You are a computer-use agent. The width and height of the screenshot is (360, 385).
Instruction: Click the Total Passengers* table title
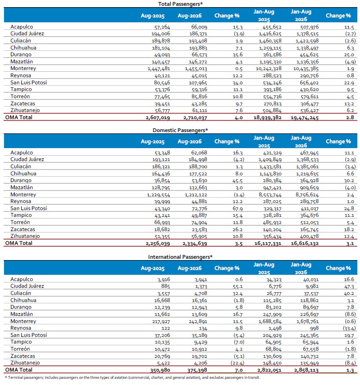180,4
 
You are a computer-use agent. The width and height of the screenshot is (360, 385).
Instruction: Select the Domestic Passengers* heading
180,130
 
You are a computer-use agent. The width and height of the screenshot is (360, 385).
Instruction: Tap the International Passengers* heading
180,257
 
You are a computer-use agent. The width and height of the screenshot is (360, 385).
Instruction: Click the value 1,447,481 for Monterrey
159,69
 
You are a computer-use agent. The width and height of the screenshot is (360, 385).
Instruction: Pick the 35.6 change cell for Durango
237,55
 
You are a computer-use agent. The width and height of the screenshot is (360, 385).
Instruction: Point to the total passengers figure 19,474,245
305,118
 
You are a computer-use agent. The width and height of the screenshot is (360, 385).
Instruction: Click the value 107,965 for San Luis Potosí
198,83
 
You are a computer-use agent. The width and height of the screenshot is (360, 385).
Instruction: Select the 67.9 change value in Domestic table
237,208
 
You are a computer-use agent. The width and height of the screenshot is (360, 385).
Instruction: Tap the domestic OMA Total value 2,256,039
158,244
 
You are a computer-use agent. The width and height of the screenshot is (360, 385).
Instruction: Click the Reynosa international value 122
166,328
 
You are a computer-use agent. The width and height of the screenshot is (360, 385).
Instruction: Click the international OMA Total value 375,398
197,370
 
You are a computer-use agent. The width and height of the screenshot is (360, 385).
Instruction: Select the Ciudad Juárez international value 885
166,286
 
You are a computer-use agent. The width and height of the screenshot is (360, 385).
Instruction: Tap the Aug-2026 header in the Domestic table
189,142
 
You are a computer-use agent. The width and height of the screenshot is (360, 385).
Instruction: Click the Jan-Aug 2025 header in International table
264,269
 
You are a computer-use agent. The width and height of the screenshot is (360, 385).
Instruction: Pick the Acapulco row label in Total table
21,27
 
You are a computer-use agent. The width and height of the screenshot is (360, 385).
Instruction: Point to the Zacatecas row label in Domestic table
23,229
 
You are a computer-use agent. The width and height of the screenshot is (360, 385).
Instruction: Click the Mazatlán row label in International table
21,314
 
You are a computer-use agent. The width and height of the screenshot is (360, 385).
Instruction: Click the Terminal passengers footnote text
132,377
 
